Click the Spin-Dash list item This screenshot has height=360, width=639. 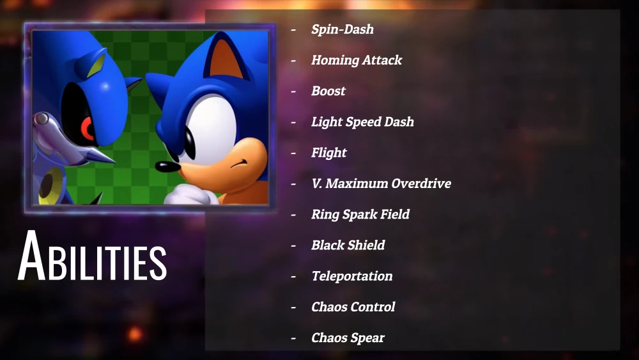(x=343, y=29)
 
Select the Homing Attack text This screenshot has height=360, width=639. (x=357, y=60)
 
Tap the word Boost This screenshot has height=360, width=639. (x=328, y=91)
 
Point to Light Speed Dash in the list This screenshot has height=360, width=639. (x=363, y=122)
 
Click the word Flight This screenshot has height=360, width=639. (x=329, y=152)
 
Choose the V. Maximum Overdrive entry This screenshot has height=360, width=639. (x=381, y=184)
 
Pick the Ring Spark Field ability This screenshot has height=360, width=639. (x=360, y=214)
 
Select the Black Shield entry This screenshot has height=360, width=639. (x=348, y=245)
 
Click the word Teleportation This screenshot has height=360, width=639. (x=352, y=276)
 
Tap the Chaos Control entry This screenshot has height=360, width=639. (x=353, y=306)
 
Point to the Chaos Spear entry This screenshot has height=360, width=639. (x=348, y=338)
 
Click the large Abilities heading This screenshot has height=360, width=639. (x=92, y=256)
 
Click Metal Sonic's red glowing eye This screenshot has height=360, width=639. (x=88, y=129)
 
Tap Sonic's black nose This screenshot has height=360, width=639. (x=167, y=166)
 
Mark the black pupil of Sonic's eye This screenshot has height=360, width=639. (x=190, y=143)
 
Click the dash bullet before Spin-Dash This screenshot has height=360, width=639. (x=293, y=29)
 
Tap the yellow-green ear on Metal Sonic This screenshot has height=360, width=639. (x=96, y=65)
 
